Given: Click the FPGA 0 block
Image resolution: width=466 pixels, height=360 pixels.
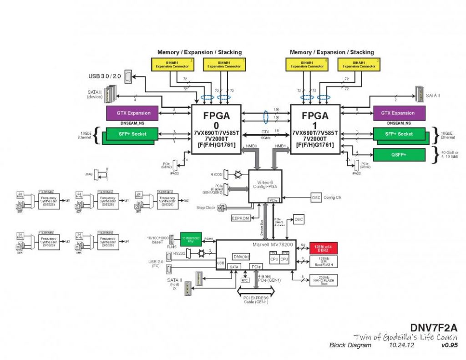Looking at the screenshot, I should coord(216,129).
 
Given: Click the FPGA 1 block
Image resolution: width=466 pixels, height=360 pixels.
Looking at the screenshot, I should coord(314,129).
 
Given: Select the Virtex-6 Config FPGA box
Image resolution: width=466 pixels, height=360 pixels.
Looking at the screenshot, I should coord(265,186).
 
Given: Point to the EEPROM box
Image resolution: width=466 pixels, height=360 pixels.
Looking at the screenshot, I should coord(240,218).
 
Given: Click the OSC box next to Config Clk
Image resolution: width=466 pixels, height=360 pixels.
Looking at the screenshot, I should coord(316,198).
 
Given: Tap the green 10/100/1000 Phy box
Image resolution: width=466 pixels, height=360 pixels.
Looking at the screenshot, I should coord(191,239).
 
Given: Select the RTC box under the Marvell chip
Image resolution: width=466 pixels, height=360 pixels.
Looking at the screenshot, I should coord(245,280).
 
